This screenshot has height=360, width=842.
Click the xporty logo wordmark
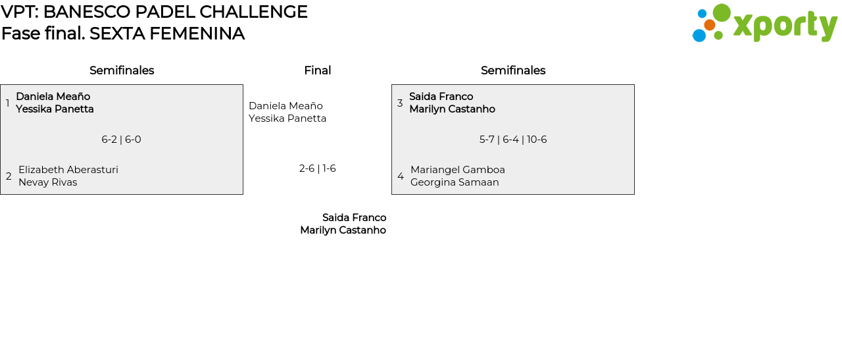pos(785,26)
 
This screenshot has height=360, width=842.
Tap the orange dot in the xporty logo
pos(709,25)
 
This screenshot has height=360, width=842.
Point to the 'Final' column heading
pos(317,70)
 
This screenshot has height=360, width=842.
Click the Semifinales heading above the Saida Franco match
pos(513,70)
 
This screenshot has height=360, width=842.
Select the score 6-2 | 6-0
pos(121,140)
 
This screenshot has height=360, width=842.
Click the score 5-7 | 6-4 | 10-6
pos(513,140)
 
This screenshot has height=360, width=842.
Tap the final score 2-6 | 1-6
pos(317,168)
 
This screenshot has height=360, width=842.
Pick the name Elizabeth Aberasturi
pos(68,170)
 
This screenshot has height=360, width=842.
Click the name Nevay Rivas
pos(47,182)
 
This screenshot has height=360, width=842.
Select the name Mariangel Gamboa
pos(458,170)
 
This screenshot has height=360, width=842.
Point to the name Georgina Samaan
pos(455,182)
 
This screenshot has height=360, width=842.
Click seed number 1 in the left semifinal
pos(7,103)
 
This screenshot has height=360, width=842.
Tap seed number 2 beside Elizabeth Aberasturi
pos(9,176)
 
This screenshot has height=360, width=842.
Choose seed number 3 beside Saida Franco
pos(400,103)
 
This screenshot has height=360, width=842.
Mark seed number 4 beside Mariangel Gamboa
pos(401,176)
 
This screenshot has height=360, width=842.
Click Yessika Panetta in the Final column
pos(287,118)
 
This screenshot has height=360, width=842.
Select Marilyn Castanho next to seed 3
pos(452,109)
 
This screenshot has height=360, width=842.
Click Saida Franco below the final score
pos(354,218)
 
